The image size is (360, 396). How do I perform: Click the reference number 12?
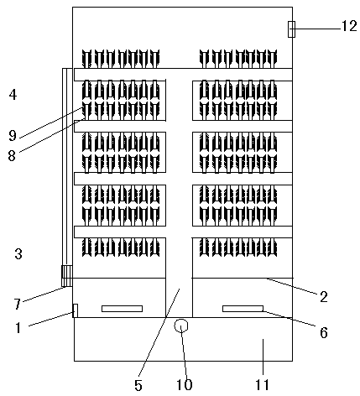(349, 27)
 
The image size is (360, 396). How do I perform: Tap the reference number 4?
(13, 95)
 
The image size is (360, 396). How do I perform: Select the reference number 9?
(13, 136)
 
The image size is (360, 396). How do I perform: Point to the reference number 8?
(12, 155)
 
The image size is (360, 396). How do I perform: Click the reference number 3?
(18, 254)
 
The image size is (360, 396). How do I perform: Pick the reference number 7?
(18, 304)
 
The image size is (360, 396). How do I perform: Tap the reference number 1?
(18, 327)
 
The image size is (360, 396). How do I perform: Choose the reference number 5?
(138, 386)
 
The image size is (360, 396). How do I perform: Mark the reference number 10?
(185, 385)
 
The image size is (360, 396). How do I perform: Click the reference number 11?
(262, 385)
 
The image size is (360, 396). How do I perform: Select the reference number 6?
(324, 332)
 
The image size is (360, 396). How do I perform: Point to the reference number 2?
(324, 297)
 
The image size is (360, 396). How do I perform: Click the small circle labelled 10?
(181, 326)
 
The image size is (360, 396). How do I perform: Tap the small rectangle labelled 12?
(291, 29)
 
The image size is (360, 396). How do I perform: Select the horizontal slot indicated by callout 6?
(243, 309)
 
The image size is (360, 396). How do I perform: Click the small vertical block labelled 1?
(75, 310)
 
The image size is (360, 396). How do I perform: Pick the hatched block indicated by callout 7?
(66, 276)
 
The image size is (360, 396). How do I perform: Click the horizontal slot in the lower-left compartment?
(122, 309)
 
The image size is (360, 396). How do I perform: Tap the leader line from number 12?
(316, 29)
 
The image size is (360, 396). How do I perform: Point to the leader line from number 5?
(159, 331)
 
